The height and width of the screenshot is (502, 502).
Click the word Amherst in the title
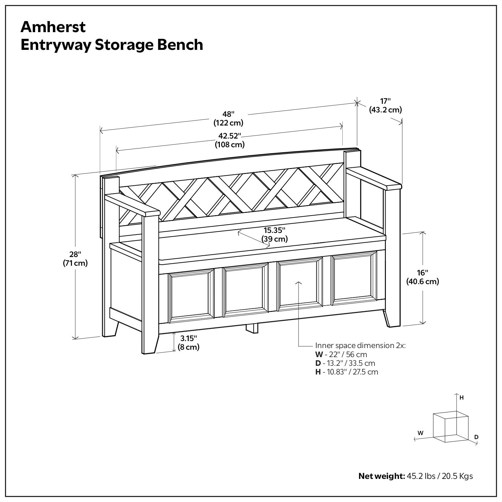click(53, 27)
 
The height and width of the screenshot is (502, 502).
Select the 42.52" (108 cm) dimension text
click(230, 140)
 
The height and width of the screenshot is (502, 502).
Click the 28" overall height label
click(75, 259)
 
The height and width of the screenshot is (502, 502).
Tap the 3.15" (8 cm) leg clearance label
click(188, 342)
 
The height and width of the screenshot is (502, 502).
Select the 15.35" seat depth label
click(274, 234)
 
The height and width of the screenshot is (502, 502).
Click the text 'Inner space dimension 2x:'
click(360, 345)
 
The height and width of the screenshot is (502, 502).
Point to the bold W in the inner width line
click(318, 354)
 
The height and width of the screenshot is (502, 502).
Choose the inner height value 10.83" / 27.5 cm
click(350, 372)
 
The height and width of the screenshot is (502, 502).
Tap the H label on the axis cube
click(462, 398)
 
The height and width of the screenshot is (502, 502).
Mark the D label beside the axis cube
click(476, 437)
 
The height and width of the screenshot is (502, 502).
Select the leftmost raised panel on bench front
click(191, 297)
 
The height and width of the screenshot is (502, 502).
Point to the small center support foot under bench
click(252, 328)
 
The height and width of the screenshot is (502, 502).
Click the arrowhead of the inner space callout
click(299, 283)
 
